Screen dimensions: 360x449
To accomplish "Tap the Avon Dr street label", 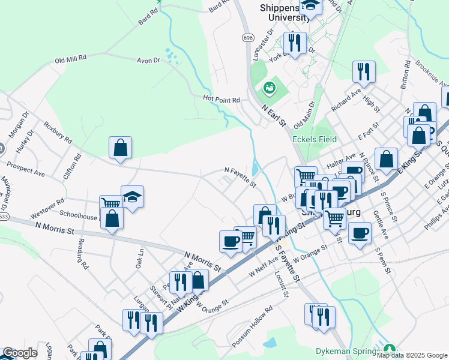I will pyautogui.click(x=148, y=61).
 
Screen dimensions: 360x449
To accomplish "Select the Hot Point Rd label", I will pyautogui.click(x=221, y=99).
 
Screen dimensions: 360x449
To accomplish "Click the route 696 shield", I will pyautogui.click(x=248, y=37).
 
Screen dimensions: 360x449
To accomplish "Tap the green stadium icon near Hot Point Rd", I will pyautogui.click(x=270, y=89).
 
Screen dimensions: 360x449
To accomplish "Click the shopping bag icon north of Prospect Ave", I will pyautogui.click(x=120, y=148).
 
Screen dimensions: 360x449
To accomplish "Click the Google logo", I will pyautogui.click(x=20, y=353).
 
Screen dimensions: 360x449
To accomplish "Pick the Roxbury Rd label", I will pyautogui.click(x=58, y=133).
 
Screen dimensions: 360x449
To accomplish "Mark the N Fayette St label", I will pyautogui.click(x=240, y=176).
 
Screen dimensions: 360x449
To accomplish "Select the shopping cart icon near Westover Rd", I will pyautogui.click(x=111, y=204).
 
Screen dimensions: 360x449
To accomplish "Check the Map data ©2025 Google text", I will pyautogui.click(x=412, y=355).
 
